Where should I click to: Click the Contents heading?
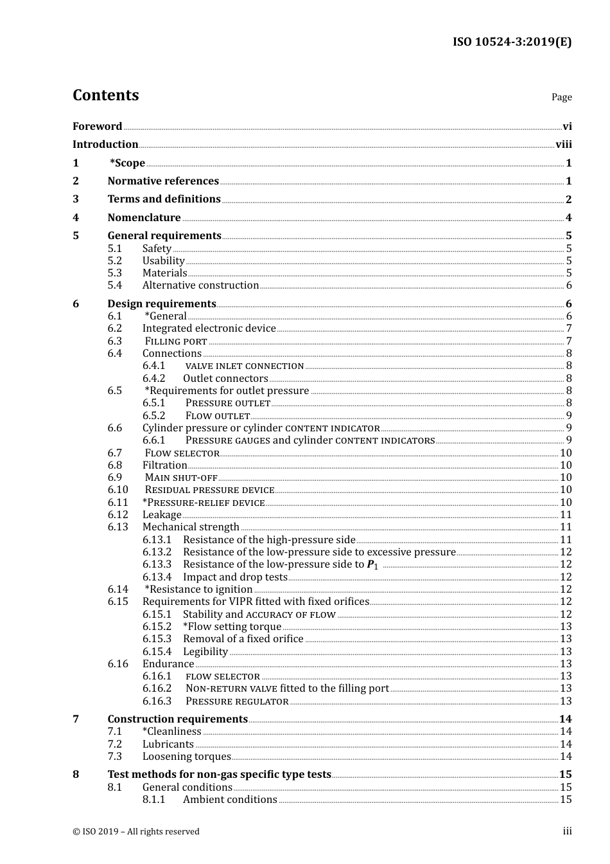click(x=105, y=95)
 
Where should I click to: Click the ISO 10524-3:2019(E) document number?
click(x=512, y=42)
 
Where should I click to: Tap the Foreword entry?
click(x=97, y=126)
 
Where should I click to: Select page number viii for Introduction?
click(x=563, y=144)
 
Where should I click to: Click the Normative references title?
click(x=163, y=181)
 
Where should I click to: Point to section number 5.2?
click(x=114, y=260)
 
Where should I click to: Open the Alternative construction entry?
click(x=200, y=285)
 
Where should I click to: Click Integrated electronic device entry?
click(x=209, y=328)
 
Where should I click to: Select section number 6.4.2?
click(x=153, y=378)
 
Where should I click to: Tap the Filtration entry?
click(x=164, y=465)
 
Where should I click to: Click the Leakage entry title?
click(x=162, y=514)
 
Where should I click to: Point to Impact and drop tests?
click(x=235, y=577)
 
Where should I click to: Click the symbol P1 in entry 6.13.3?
click(x=372, y=564)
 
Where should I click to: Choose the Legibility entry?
click(x=205, y=651)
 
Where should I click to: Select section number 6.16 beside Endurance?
click(x=118, y=663)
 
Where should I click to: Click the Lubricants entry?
click(x=168, y=744)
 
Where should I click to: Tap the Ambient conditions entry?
click(x=230, y=799)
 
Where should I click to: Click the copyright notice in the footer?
click(x=136, y=831)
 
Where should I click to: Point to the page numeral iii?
click(x=567, y=831)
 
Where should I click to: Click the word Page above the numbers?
click(x=561, y=97)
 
